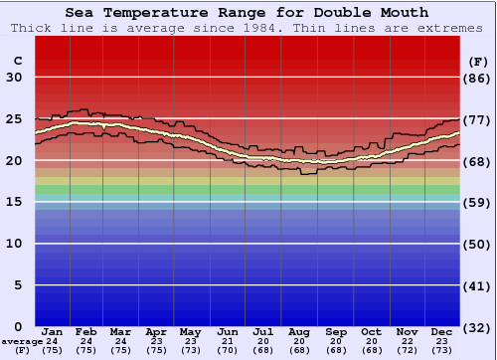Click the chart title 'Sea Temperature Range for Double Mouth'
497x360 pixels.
pos(248,13)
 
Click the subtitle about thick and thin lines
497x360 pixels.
pos(248,27)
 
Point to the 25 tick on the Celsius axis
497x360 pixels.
pos(15,119)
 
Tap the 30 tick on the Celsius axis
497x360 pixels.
pos(15,78)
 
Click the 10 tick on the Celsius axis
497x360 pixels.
pos(15,244)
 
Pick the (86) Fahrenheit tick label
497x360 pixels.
pos(478,78)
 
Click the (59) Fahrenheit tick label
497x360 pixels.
pos(478,203)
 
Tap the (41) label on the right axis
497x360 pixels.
pos(478,285)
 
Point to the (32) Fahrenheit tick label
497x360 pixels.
pos(478,327)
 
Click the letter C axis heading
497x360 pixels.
pos(17,61)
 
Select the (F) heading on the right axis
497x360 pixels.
pos(478,61)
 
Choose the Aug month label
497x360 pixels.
pos(300,331)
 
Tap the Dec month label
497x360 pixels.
pos(442,331)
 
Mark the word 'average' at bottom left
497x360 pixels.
pos(22,341)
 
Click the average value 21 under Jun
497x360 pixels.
pos(229,341)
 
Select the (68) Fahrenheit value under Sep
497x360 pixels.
pos(336,350)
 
